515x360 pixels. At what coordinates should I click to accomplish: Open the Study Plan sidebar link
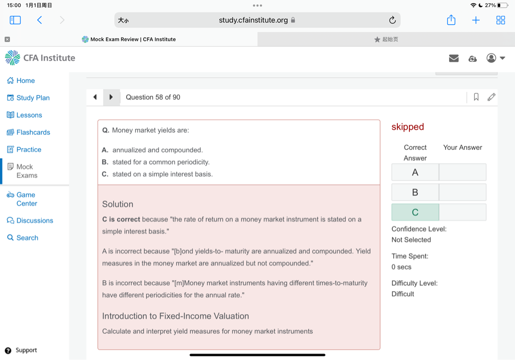33,98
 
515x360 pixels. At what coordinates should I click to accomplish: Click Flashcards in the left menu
33,132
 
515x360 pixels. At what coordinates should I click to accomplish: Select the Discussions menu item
34,221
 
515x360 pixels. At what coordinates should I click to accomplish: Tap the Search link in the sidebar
27,238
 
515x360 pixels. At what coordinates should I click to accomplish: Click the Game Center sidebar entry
26,199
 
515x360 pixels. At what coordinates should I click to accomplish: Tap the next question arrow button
111,97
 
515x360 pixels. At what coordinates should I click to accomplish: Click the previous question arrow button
95,97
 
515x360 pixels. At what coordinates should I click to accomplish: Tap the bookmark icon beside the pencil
476,97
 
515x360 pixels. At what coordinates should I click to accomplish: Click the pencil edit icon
491,97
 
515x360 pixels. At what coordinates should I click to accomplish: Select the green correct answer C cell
415,212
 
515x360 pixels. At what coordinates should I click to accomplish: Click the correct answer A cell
415,172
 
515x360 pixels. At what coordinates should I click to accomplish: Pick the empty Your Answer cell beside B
463,192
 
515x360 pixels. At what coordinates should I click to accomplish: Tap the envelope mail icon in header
454,58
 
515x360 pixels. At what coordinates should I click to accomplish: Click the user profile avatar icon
491,58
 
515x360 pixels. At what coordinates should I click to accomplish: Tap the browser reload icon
392,20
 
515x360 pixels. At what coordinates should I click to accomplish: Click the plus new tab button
476,20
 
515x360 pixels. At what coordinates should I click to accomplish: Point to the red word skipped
408,127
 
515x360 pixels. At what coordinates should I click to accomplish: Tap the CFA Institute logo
40,58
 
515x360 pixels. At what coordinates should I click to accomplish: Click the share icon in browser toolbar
451,20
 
